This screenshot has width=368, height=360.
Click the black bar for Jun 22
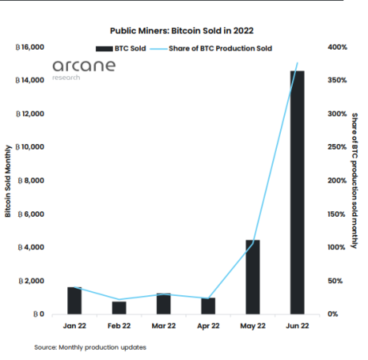coord(297,192)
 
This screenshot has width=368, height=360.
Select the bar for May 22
coord(252,277)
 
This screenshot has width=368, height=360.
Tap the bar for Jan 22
coord(74,300)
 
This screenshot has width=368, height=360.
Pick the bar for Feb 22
coord(118,307)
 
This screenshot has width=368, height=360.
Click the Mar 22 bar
coord(163,303)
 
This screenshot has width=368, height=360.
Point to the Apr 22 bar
coord(208,306)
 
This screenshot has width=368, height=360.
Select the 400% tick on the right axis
coord(337,47)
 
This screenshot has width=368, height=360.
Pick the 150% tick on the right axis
coord(337,214)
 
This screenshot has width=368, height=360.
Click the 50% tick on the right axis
coord(335,281)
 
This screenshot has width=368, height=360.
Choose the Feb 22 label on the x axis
coord(118,326)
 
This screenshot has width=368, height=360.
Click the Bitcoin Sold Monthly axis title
coord(9,181)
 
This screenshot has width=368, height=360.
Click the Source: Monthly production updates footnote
coord(90,347)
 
